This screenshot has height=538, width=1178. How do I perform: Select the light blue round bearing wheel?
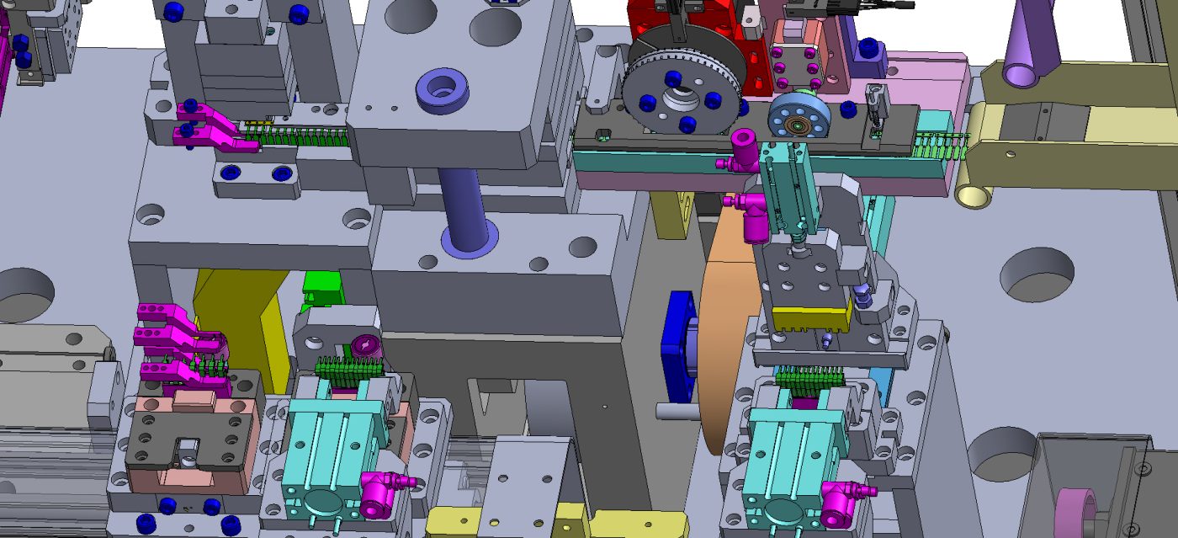(799, 118)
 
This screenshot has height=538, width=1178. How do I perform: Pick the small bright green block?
(321, 286)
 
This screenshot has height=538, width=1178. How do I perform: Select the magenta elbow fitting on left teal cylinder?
(379, 492)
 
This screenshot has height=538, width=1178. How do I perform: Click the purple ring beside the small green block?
(366, 344)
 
